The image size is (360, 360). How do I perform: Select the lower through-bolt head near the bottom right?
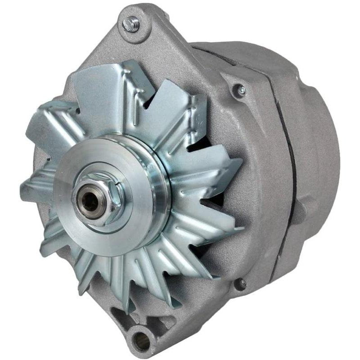click(x=242, y=283)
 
